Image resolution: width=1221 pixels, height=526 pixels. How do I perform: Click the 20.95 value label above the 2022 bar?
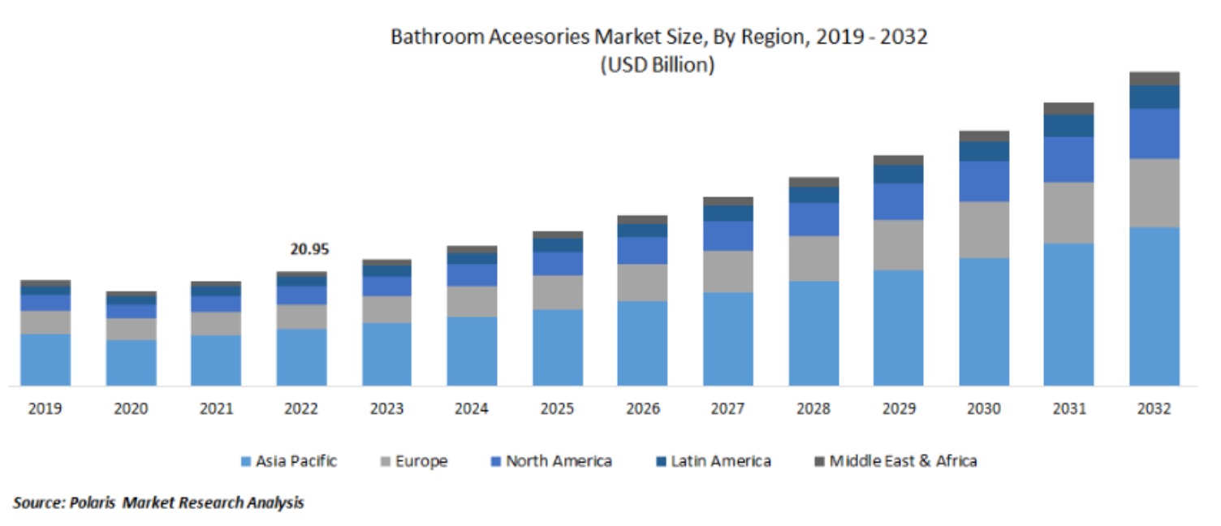pyautogui.click(x=310, y=249)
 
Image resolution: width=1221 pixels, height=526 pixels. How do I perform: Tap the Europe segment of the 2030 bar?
pyautogui.click(x=984, y=230)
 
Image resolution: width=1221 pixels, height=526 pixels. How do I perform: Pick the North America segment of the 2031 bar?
pyautogui.click(x=1068, y=159)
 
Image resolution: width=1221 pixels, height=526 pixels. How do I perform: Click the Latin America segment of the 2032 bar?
pyautogui.click(x=1154, y=97)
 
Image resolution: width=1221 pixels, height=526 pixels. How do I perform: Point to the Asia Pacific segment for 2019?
pyautogui.click(x=45, y=360)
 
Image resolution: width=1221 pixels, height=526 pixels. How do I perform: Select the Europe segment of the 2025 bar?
pyautogui.click(x=558, y=292)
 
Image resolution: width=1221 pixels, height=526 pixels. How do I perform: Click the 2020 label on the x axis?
pyautogui.click(x=131, y=409)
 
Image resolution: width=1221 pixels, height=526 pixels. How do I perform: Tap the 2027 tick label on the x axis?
pyautogui.click(x=727, y=409)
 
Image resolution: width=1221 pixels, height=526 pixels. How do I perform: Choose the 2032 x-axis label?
pyautogui.click(x=1154, y=409)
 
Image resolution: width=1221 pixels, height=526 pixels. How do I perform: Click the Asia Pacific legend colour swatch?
pyautogui.click(x=246, y=462)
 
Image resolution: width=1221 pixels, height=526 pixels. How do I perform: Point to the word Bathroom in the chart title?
pyautogui.click(x=428, y=37)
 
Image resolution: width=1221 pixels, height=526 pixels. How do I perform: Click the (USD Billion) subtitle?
pyautogui.click(x=657, y=66)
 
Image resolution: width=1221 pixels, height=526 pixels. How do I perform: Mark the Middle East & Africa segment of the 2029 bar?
pyautogui.click(x=898, y=160)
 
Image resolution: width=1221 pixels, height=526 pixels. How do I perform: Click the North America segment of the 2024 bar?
pyautogui.click(x=472, y=274)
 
